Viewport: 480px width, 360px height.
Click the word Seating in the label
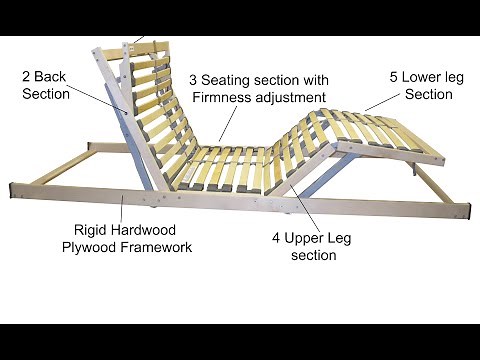[229, 80]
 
